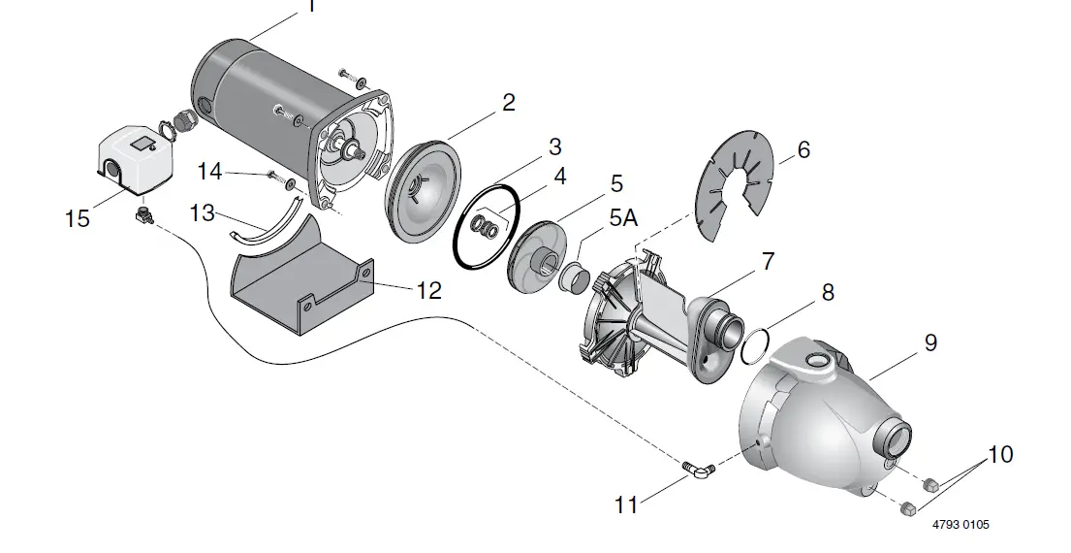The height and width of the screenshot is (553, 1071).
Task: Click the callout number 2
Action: [x=508, y=103]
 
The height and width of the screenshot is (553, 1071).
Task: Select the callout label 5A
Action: [x=623, y=219]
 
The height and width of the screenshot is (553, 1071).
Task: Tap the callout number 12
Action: [x=428, y=290]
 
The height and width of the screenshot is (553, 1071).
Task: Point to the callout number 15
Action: [x=78, y=219]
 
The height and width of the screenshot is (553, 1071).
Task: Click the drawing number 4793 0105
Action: [x=961, y=525]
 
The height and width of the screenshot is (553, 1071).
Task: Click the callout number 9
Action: [x=930, y=342]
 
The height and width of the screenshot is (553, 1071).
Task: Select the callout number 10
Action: [x=1000, y=454]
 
